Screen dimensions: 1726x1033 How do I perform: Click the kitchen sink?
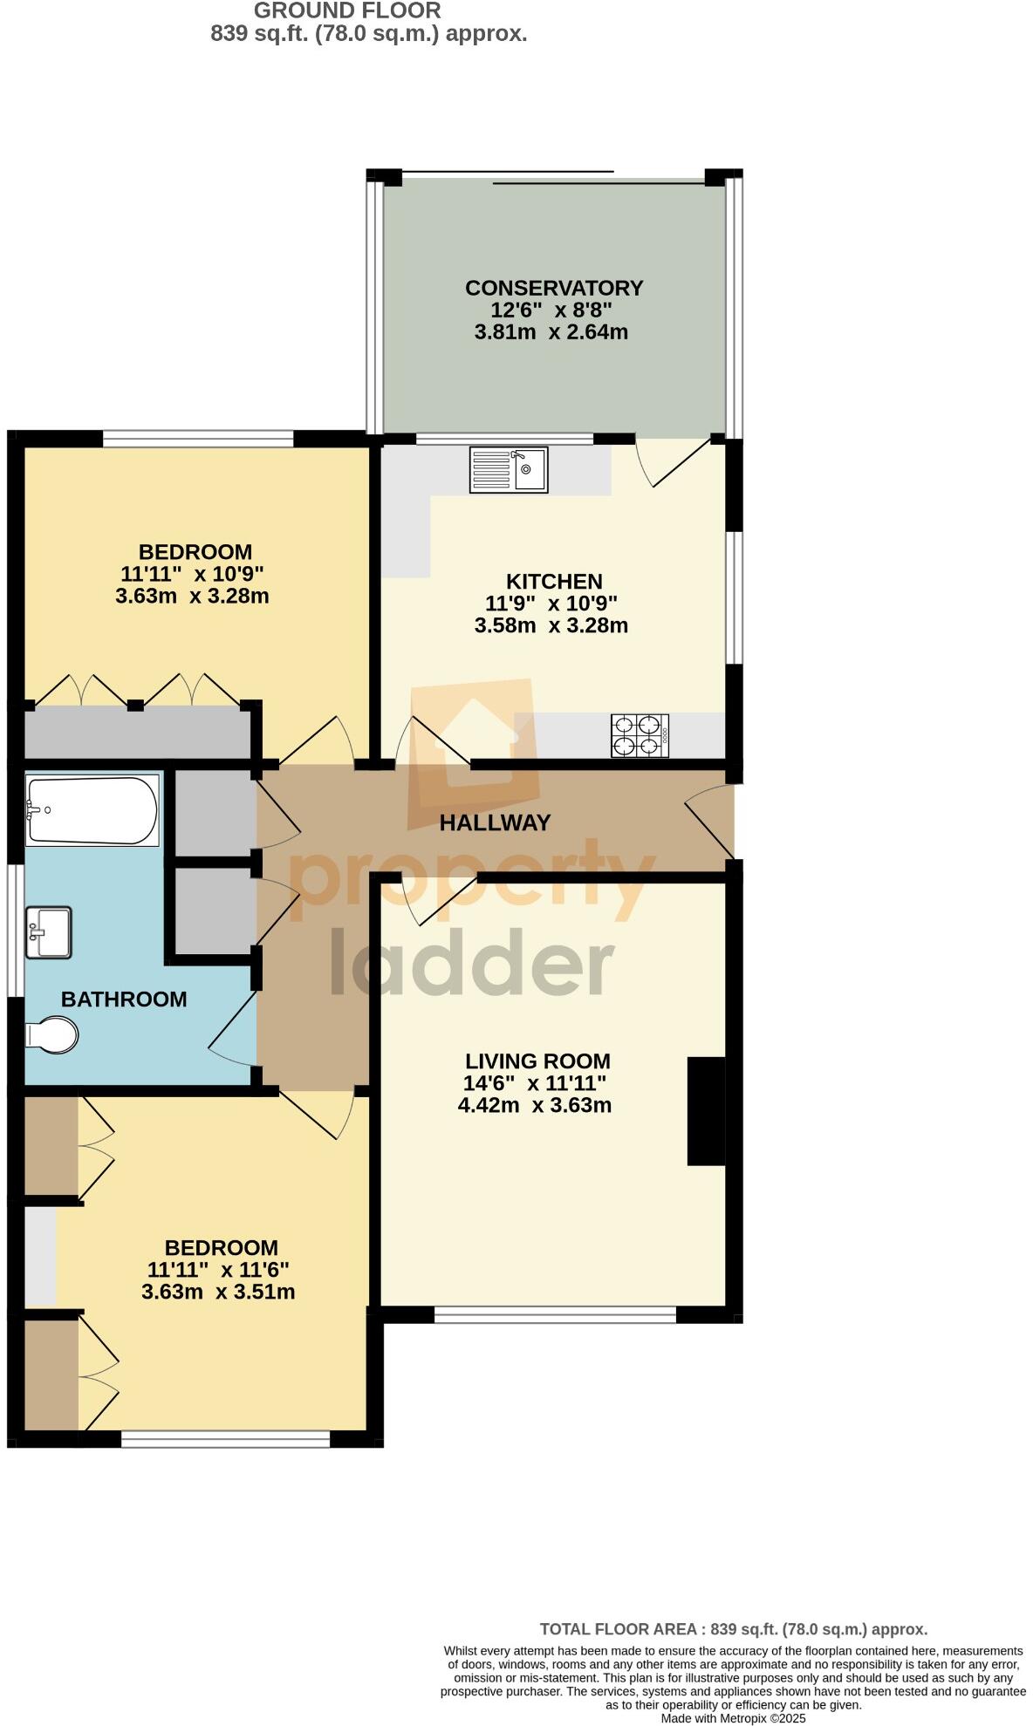[509, 469]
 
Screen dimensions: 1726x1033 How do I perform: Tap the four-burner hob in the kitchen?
[640, 735]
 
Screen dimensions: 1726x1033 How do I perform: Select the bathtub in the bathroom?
[92, 810]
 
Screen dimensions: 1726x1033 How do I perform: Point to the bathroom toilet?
[54, 1035]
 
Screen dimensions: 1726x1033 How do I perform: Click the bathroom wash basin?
[48, 932]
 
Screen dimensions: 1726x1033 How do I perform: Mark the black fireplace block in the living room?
[706, 1110]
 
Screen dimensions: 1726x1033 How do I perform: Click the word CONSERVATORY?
[554, 288]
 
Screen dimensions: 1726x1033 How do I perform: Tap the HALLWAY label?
[495, 822]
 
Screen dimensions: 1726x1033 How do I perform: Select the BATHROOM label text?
[124, 999]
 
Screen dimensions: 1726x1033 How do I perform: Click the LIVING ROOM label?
[537, 1061]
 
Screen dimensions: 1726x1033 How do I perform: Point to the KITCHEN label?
[554, 581]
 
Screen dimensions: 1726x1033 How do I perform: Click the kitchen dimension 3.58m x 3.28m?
[551, 625]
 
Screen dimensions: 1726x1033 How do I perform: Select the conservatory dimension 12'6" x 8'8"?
[551, 310]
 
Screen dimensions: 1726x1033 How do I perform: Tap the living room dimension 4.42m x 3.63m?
[534, 1106]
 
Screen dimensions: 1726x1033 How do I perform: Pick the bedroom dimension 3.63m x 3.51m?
[218, 1292]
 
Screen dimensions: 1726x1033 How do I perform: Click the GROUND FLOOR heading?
[347, 11]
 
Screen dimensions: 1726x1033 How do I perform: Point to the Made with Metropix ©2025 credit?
[733, 1718]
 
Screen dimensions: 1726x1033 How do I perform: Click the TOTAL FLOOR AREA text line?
[733, 1628]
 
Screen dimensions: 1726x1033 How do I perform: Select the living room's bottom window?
[555, 1314]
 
